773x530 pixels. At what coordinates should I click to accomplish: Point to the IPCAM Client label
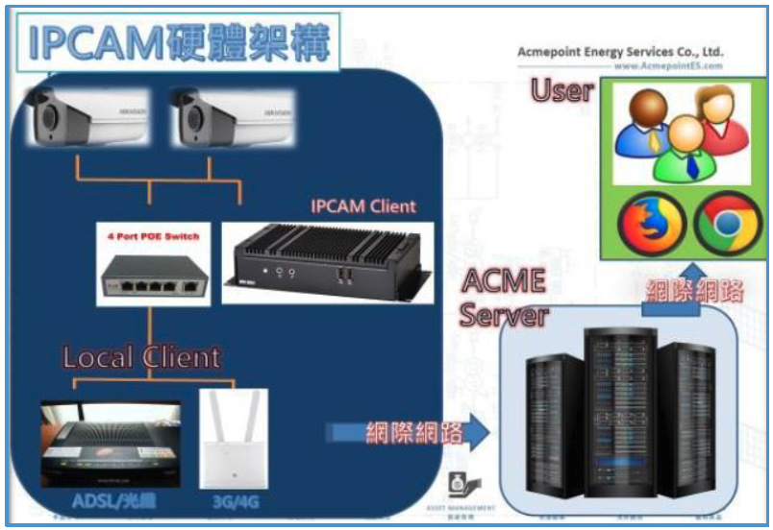pos(362,205)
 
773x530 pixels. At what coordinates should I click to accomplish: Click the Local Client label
pos(141,358)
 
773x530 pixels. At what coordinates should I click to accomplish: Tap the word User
pos(563,92)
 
